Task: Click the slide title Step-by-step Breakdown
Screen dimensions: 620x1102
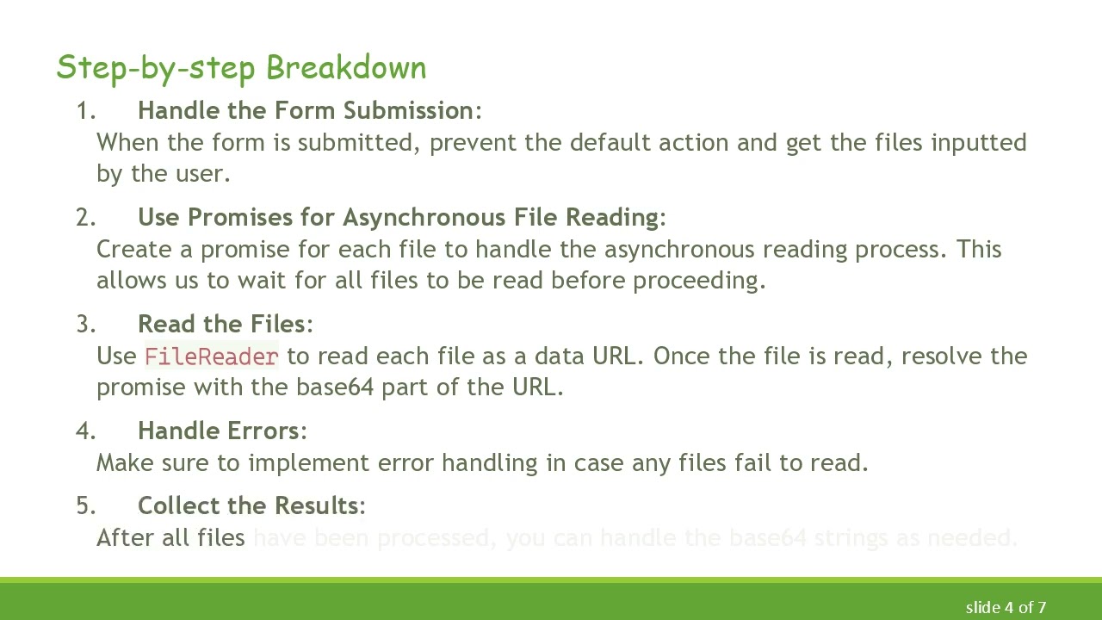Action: pos(241,68)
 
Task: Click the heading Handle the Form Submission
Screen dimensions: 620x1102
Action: pos(305,111)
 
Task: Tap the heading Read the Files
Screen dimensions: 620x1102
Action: pos(221,325)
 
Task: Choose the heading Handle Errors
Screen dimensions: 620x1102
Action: pos(218,431)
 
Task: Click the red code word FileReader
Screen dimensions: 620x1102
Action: pos(211,356)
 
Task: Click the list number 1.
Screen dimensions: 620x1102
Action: pos(84,111)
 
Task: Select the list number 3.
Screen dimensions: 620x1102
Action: pos(84,325)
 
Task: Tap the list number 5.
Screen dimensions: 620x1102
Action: pos(84,506)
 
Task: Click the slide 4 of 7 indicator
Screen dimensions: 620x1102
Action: pos(1006,607)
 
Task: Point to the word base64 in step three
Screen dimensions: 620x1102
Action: pos(334,387)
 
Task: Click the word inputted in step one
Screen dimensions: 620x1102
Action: pos(978,143)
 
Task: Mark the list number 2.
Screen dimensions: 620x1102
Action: pos(84,218)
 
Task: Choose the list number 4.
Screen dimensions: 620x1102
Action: pos(84,431)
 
